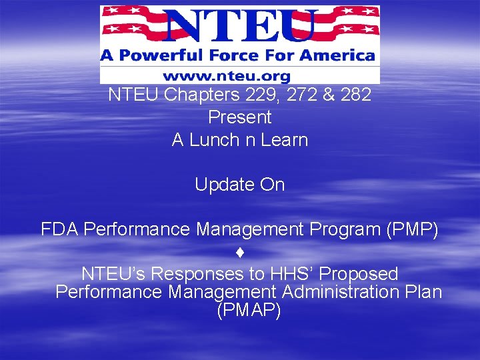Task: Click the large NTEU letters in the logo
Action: tap(240, 25)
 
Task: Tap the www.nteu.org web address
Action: tap(240, 75)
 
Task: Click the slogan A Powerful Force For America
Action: tap(238, 55)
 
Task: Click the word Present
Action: tap(240, 117)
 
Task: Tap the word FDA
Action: tap(60, 229)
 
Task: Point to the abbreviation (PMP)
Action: tap(411, 229)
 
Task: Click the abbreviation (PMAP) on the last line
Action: tap(249, 310)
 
